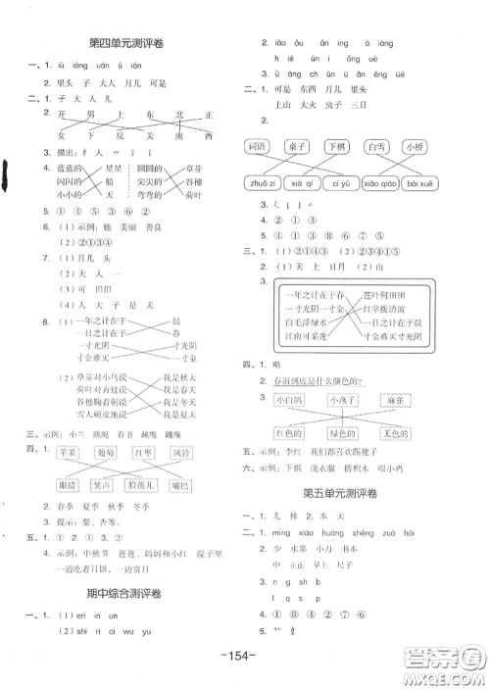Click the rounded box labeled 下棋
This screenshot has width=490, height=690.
337,146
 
